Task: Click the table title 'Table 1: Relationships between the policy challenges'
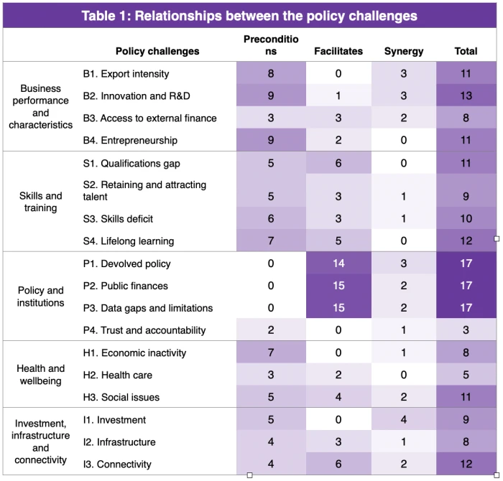[x=249, y=16]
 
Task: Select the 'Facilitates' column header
[x=338, y=51]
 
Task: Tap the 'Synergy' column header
[x=404, y=51]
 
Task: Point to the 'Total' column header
[x=466, y=51]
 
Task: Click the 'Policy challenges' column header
[x=157, y=51]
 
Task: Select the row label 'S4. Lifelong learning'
[x=129, y=241]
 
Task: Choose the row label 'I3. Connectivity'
[x=119, y=464]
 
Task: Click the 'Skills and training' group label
[x=40, y=202]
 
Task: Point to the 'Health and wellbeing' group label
[x=40, y=375]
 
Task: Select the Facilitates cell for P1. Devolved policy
[x=338, y=263]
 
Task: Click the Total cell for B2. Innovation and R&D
[x=466, y=95]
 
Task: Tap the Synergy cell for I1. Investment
[x=404, y=420]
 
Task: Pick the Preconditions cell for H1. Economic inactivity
[x=271, y=352]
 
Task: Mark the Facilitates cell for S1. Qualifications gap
[x=338, y=163]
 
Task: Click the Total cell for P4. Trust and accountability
[x=466, y=330]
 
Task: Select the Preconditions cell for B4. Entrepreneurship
[x=271, y=140]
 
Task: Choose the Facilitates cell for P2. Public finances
[x=338, y=286]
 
